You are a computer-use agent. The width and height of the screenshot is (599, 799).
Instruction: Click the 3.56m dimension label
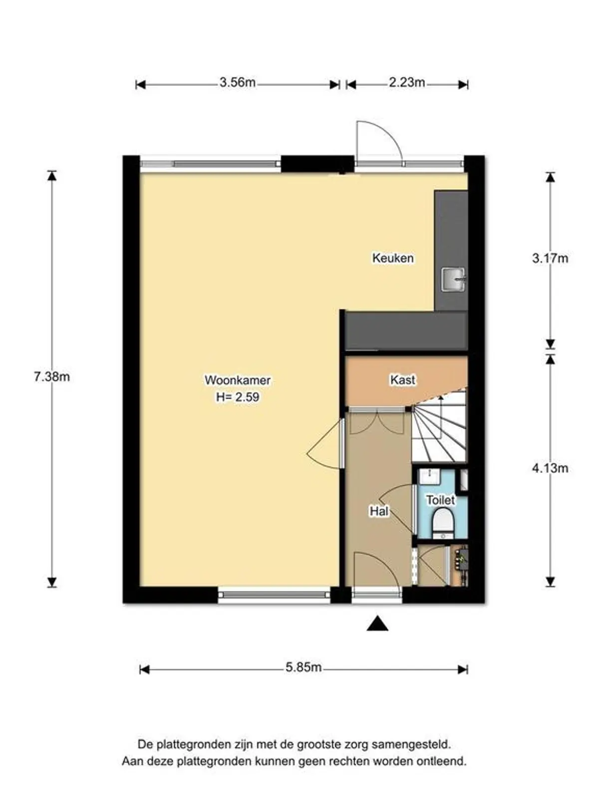[237, 82]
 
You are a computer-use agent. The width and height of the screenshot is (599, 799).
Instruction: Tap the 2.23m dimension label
[407, 82]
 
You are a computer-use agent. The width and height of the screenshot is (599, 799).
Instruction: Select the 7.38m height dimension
[52, 377]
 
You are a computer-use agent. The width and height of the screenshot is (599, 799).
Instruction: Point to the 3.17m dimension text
[550, 259]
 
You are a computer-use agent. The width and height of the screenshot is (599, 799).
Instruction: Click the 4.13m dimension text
[550, 468]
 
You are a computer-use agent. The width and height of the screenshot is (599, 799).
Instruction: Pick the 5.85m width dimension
[303, 667]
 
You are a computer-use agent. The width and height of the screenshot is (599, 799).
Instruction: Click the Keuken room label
[393, 258]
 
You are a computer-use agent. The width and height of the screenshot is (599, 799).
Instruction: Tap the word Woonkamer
[238, 380]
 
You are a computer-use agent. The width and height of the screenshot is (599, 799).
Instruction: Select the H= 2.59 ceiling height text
[238, 398]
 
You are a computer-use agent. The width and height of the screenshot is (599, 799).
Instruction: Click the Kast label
[402, 380]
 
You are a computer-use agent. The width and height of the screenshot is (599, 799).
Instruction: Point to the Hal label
[379, 511]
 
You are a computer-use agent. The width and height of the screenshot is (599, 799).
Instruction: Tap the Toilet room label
[440, 500]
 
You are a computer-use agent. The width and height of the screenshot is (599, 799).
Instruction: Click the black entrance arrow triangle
[377, 624]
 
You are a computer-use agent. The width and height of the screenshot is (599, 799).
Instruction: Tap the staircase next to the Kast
[439, 429]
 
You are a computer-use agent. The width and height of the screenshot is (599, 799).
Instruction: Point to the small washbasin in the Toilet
[428, 476]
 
